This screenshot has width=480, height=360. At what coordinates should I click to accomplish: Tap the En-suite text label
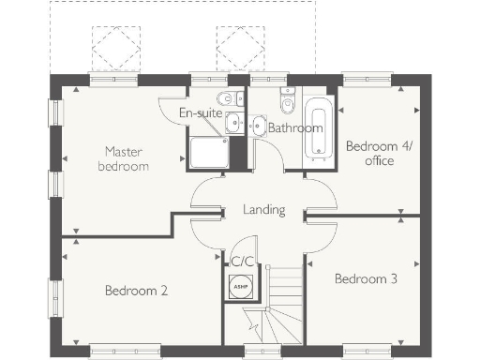click(x=201, y=113)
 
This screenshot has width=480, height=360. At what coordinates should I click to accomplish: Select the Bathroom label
click(x=295, y=127)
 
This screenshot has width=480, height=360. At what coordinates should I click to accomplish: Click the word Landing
click(x=263, y=210)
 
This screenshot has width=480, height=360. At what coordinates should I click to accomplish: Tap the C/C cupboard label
click(x=243, y=261)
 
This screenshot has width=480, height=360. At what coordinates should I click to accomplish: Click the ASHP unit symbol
click(x=238, y=285)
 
